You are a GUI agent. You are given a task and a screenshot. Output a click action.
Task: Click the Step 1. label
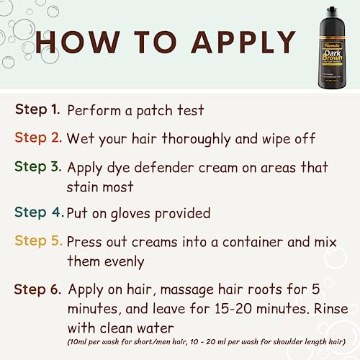click(37, 110)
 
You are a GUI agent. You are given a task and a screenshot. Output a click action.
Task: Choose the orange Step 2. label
click(37, 138)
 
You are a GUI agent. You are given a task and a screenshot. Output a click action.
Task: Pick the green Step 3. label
click(37, 167)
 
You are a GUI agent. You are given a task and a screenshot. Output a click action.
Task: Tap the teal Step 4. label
click(37, 213)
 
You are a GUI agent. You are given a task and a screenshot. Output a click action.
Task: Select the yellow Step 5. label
click(37, 241)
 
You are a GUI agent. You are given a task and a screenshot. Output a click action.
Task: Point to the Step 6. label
click(37, 289)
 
